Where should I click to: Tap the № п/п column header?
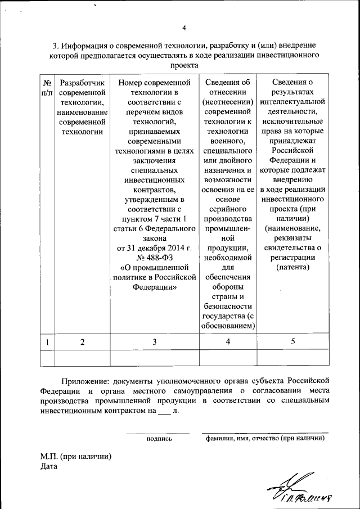[x=47, y=87]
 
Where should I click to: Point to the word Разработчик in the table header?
[x=82, y=83]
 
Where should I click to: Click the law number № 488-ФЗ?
[x=154, y=258]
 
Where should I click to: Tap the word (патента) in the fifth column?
[x=292, y=267]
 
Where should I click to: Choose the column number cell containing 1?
[x=47, y=342]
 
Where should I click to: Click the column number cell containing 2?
[x=82, y=342]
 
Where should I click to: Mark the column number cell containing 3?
[x=154, y=342]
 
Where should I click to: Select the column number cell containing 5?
[x=292, y=342]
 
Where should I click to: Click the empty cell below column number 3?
[x=154, y=358]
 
